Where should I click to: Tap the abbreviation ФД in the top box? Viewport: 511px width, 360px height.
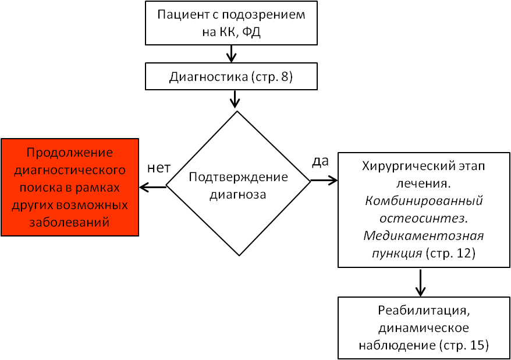coord(251,32)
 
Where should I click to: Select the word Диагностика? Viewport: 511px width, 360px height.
coord(208,77)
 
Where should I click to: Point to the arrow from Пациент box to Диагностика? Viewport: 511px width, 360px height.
coord(231,54)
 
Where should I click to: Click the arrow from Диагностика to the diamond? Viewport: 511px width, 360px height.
coord(235,98)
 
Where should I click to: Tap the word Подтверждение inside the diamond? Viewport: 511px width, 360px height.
coord(238,177)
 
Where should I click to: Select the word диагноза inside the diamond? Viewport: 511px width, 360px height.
coord(238,195)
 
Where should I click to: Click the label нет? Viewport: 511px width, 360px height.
coord(159,168)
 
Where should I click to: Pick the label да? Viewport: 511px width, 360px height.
coord(320,161)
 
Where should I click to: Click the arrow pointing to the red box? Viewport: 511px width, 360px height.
coord(153,187)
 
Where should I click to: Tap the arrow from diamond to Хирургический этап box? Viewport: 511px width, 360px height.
coord(324,181)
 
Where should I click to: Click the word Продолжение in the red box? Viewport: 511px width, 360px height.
coord(70,153)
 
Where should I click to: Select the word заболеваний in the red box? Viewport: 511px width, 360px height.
coord(69,223)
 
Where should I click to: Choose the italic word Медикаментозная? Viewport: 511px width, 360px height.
coord(424,236)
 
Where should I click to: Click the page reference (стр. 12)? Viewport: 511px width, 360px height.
coord(450,253)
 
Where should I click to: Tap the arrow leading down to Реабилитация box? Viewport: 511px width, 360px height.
coord(420,283)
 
